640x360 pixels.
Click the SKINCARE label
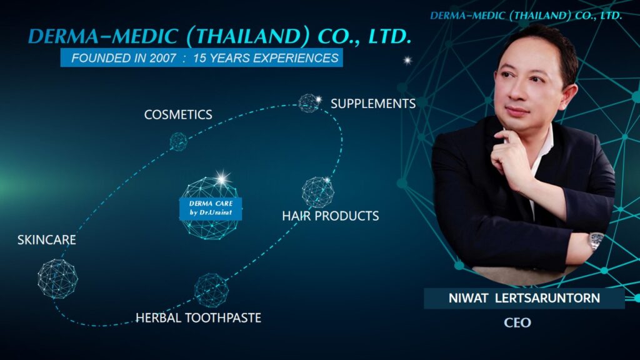46,239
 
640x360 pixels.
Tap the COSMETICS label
178,115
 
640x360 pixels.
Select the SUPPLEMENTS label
373,104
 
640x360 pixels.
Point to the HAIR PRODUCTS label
330,216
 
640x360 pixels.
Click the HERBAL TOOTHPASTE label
198,317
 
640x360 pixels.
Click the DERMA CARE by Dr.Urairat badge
211,208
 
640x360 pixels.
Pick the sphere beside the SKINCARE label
57,279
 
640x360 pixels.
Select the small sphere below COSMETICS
178,142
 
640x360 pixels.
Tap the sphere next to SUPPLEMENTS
309,103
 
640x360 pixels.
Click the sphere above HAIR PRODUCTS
318,192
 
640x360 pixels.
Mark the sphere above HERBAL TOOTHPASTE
211,290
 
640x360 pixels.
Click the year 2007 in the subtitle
163,58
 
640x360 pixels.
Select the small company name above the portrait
526,16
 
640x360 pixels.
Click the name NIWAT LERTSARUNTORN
524,298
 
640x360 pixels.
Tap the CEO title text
517,322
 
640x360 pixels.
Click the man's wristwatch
596,241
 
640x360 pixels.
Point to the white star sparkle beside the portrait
407,61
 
